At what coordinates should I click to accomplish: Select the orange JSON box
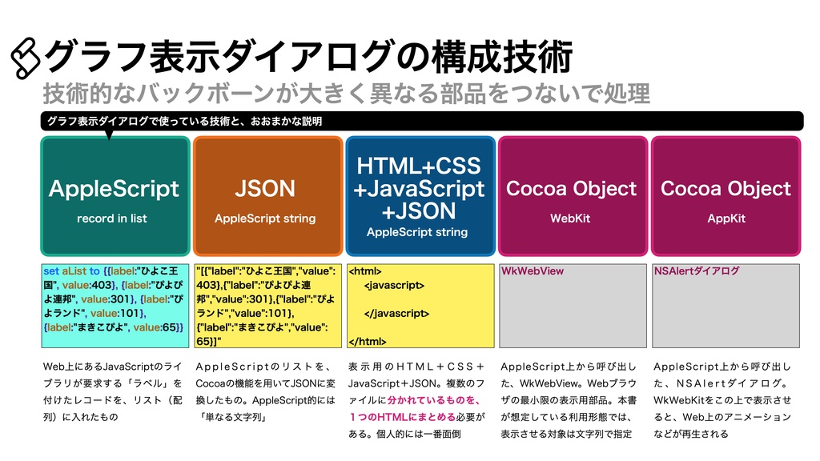pyautogui.click(x=265, y=196)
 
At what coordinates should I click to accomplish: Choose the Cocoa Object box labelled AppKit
pyautogui.click(x=726, y=196)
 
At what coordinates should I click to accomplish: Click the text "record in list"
pyautogui.click(x=112, y=218)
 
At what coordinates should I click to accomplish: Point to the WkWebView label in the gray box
pyautogui.click(x=533, y=271)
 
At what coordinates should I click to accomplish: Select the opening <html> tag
pyautogui.click(x=365, y=271)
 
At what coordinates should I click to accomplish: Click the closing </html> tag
pyautogui.click(x=368, y=340)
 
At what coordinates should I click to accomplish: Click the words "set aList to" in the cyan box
pyautogui.click(x=72, y=271)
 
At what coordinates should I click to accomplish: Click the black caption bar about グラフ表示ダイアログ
pyautogui.click(x=421, y=121)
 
